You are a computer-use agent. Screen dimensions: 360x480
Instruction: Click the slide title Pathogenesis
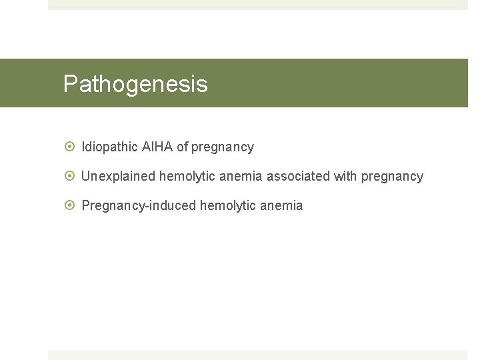pos(135,84)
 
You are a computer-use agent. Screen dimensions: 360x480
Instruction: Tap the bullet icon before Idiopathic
pos(69,147)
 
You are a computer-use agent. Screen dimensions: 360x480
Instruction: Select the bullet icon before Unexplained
pos(69,176)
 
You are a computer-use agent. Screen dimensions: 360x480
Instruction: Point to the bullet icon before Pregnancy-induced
pos(69,205)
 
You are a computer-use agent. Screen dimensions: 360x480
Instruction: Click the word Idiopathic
pos(109,147)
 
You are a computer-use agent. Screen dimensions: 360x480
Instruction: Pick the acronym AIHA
pos(157,147)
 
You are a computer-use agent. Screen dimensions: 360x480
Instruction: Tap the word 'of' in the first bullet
pos(182,147)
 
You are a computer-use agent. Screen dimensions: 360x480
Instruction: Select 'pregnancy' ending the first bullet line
pos(223,147)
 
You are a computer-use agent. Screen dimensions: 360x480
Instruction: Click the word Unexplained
pos(118,176)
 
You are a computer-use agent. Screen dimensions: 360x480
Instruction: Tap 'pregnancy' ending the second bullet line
pos(392,177)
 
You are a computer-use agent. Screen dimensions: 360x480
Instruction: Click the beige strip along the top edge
pos(258,5)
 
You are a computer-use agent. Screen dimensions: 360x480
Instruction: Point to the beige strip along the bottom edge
pos(258,355)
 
